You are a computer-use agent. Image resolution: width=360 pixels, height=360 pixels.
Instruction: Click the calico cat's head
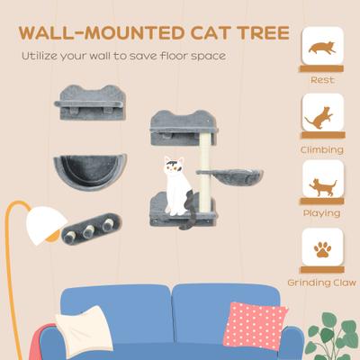click(172, 166)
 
